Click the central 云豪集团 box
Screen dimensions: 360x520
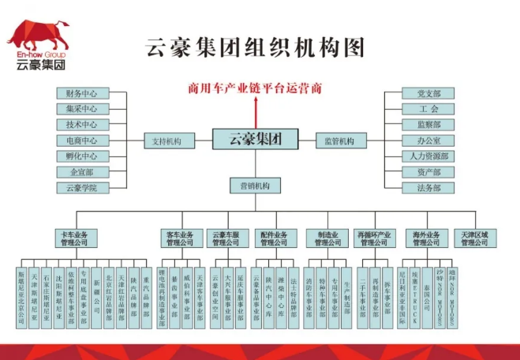tap(254, 141)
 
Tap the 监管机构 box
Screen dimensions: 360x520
tap(339, 141)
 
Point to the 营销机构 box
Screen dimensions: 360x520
tap(254, 186)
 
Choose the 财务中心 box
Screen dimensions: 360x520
tap(82, 94)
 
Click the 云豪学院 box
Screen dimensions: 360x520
tap(82, 188)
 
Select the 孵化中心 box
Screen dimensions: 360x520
tap(82, 156)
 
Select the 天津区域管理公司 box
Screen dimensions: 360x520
tap(474, 238)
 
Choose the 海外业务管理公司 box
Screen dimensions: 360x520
tap(428, 238)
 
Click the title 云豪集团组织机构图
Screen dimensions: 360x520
tap(255, 47)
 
